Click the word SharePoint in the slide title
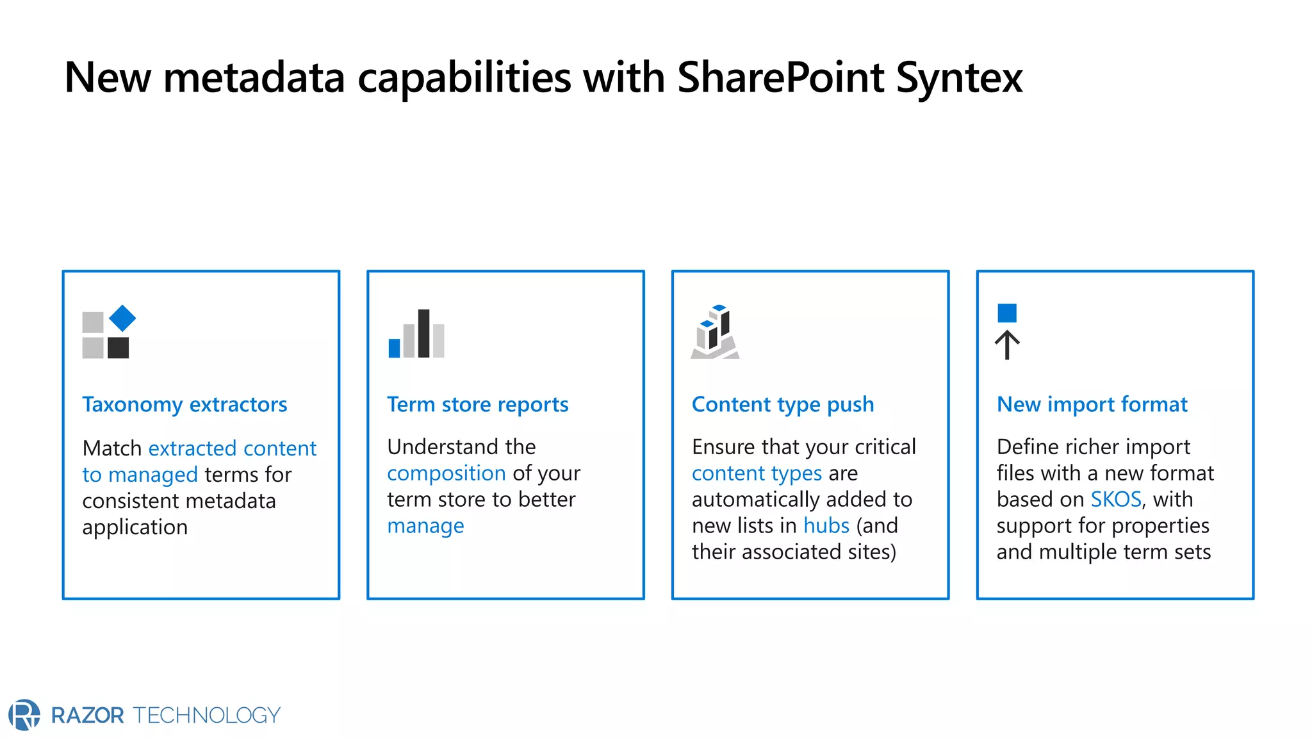pos(780,78)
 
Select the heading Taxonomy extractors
pos(184,404)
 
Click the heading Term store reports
pos(477,404)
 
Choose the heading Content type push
pos(782,404)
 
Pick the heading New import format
pos(1092,404)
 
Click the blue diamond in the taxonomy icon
pos(122,318)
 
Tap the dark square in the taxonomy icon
pos(118,348)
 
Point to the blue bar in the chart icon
pos(395,348)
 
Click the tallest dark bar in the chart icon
pos(423,333)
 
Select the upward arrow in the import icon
pos(1007,345)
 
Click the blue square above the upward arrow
pos(1007,313)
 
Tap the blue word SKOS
pos(1116,499)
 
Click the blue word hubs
pos(826,525)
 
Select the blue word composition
pos(447,473)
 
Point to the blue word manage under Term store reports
pos(425,525)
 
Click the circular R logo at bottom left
pos(24,714)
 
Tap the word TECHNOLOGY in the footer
pos(207,715)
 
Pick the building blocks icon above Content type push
pos(715,331)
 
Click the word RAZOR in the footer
pos(88,715)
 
